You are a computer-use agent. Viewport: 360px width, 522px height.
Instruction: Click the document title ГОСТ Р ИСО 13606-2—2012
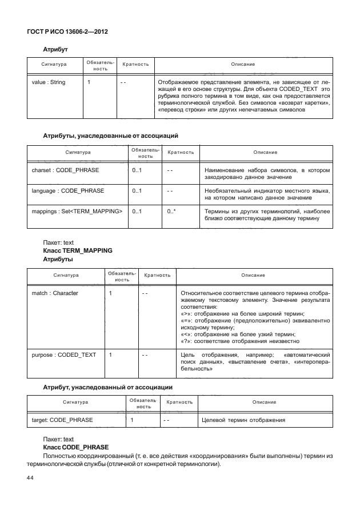tap(67, 31)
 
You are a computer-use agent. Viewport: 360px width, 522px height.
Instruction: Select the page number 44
tap(31, 477)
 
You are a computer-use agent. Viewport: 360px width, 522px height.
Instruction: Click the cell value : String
tap(49, 82)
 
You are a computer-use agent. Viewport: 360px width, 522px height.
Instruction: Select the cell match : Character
tap(55, 293)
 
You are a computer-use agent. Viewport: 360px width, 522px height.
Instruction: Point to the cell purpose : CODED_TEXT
tap(64, 355)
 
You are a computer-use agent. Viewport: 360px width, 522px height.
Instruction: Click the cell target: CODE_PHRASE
tap(63, 421)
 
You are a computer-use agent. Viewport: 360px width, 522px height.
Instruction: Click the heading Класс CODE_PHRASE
tap(75, 447)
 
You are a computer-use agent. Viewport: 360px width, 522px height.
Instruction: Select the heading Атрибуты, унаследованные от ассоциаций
tap(111, 136)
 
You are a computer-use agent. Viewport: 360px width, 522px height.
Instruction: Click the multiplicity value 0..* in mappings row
tap(171, 212)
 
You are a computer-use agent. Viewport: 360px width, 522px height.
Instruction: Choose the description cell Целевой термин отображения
tap(244, 421)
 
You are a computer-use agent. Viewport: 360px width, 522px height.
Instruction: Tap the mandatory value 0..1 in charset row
tap(137, 170)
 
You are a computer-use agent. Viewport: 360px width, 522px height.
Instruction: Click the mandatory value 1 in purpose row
tap(110, 355)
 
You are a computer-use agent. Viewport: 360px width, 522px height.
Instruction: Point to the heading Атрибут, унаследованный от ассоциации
tap(108, 387)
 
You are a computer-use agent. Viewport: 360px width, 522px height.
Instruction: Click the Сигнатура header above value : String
tap(55, 65)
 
